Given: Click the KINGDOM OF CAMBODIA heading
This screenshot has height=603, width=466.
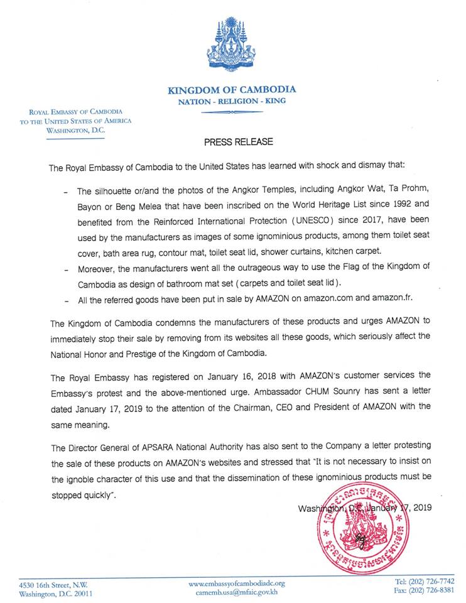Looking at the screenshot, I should pos(231,89).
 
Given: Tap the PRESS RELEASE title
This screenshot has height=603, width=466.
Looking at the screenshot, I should pos(239,142).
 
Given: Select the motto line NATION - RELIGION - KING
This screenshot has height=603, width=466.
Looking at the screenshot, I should pos(231,100).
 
